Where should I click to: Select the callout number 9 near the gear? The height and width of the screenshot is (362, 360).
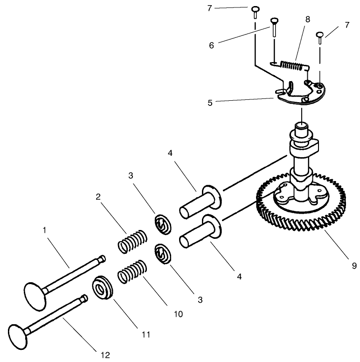(x=354, y=266)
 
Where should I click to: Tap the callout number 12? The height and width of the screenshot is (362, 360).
(x=106, y=355)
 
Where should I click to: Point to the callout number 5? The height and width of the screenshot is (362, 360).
(x=210, y=102)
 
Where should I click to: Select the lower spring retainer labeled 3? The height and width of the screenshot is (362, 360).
(x=163, y=254)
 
